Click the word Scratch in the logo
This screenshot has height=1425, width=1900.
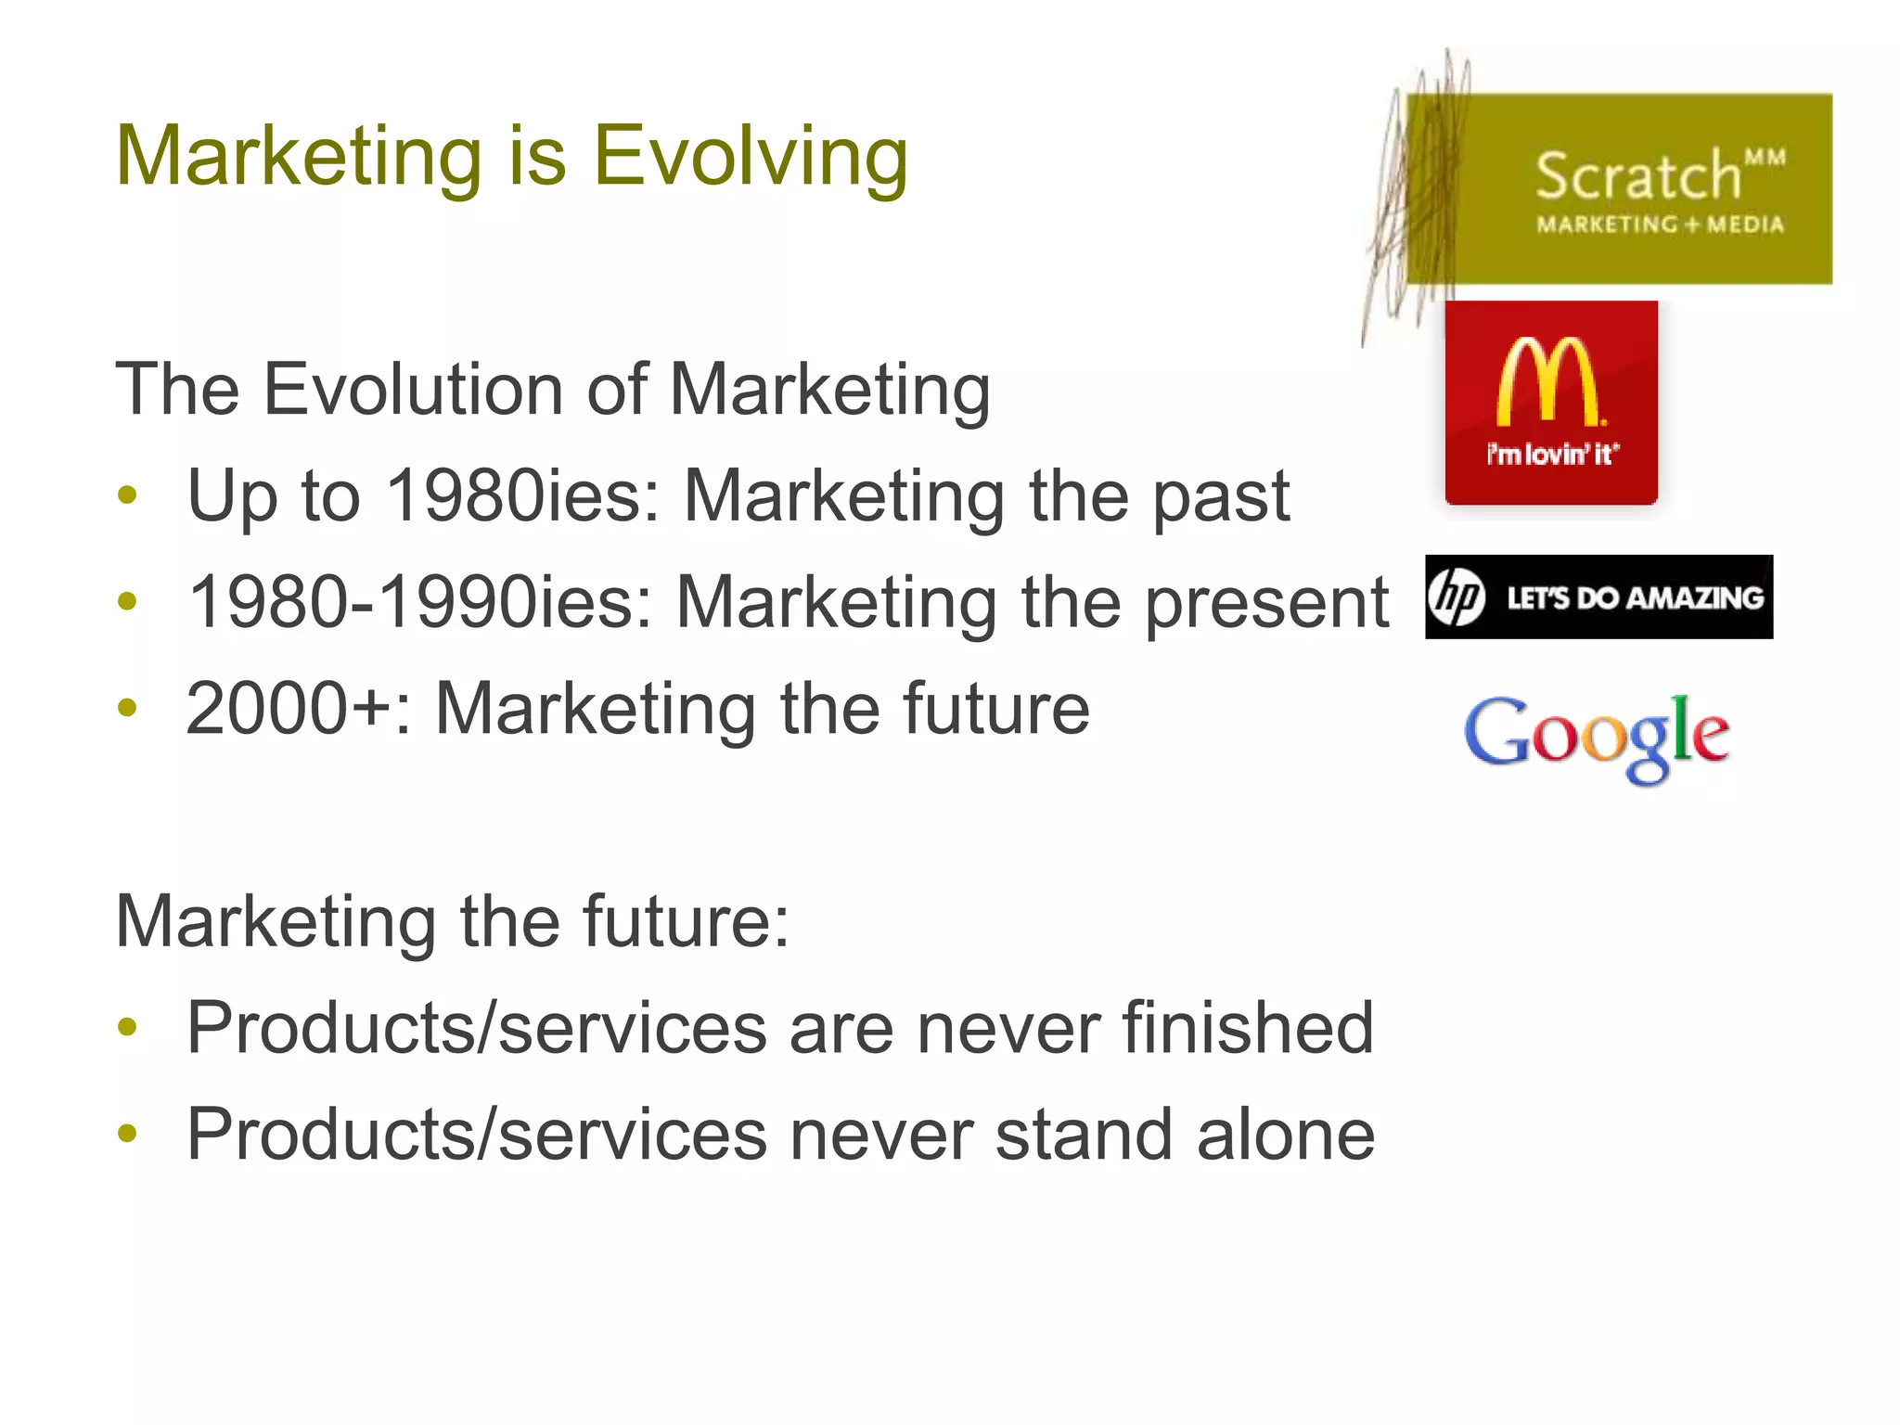pyautogui.click(x=1637, y=176)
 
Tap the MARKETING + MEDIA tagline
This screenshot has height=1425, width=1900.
pyautogui.click(x=1660, y=225)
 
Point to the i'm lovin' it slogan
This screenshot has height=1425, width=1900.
pyautogui.click(x=1551, y=454)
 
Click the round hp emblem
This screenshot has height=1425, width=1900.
pyautogui.click(x=1457, y=597)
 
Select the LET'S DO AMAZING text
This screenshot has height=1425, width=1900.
pyautogui.click(x=1635, y=598)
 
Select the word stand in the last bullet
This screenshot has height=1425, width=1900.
pyautogui.click(x=1084, y=1135)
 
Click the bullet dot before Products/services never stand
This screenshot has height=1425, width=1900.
pyautogui.click(x=128, y=1134)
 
